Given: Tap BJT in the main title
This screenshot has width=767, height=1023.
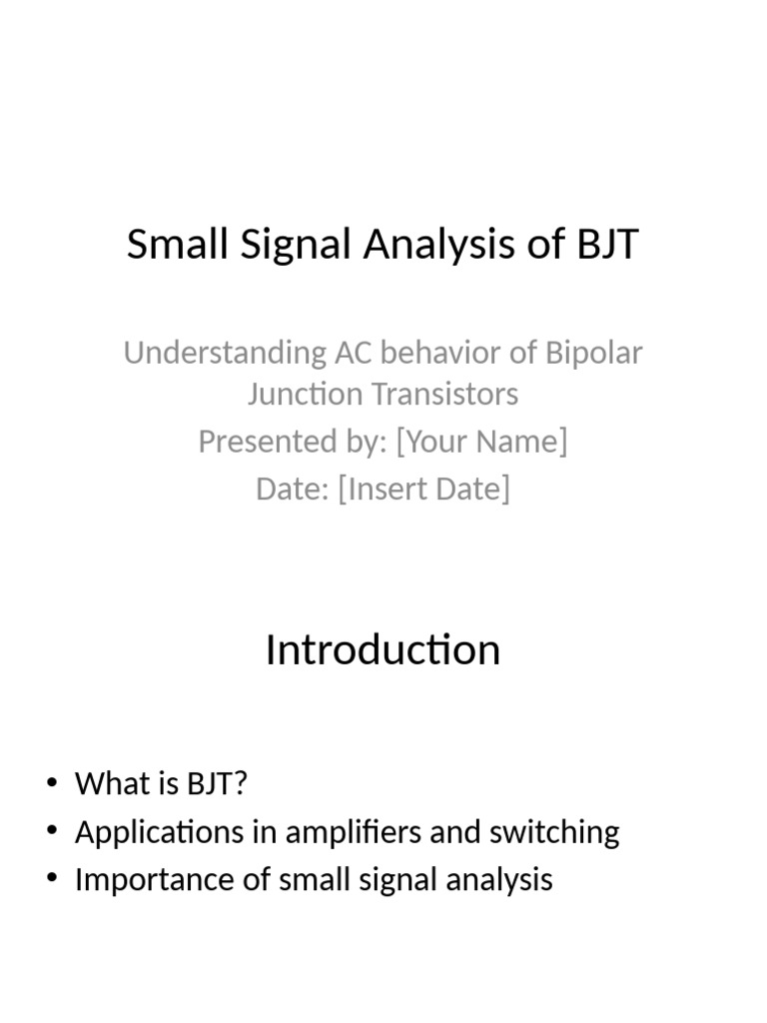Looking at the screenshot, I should click(603, 245).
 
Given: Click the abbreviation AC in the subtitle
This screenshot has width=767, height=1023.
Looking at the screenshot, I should click(347, 353).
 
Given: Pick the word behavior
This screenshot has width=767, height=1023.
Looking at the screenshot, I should click(443, 353).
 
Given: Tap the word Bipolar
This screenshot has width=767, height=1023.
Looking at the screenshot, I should click(593, 353).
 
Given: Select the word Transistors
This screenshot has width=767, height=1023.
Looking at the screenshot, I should click(445, 394).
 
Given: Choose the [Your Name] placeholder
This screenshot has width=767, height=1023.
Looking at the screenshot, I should click(481, 441).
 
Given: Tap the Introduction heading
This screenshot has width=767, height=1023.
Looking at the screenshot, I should click(383, 650).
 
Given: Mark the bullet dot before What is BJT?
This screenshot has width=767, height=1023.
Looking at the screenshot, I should click(53, 784).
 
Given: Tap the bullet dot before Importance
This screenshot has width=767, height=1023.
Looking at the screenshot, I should click(53, 880).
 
